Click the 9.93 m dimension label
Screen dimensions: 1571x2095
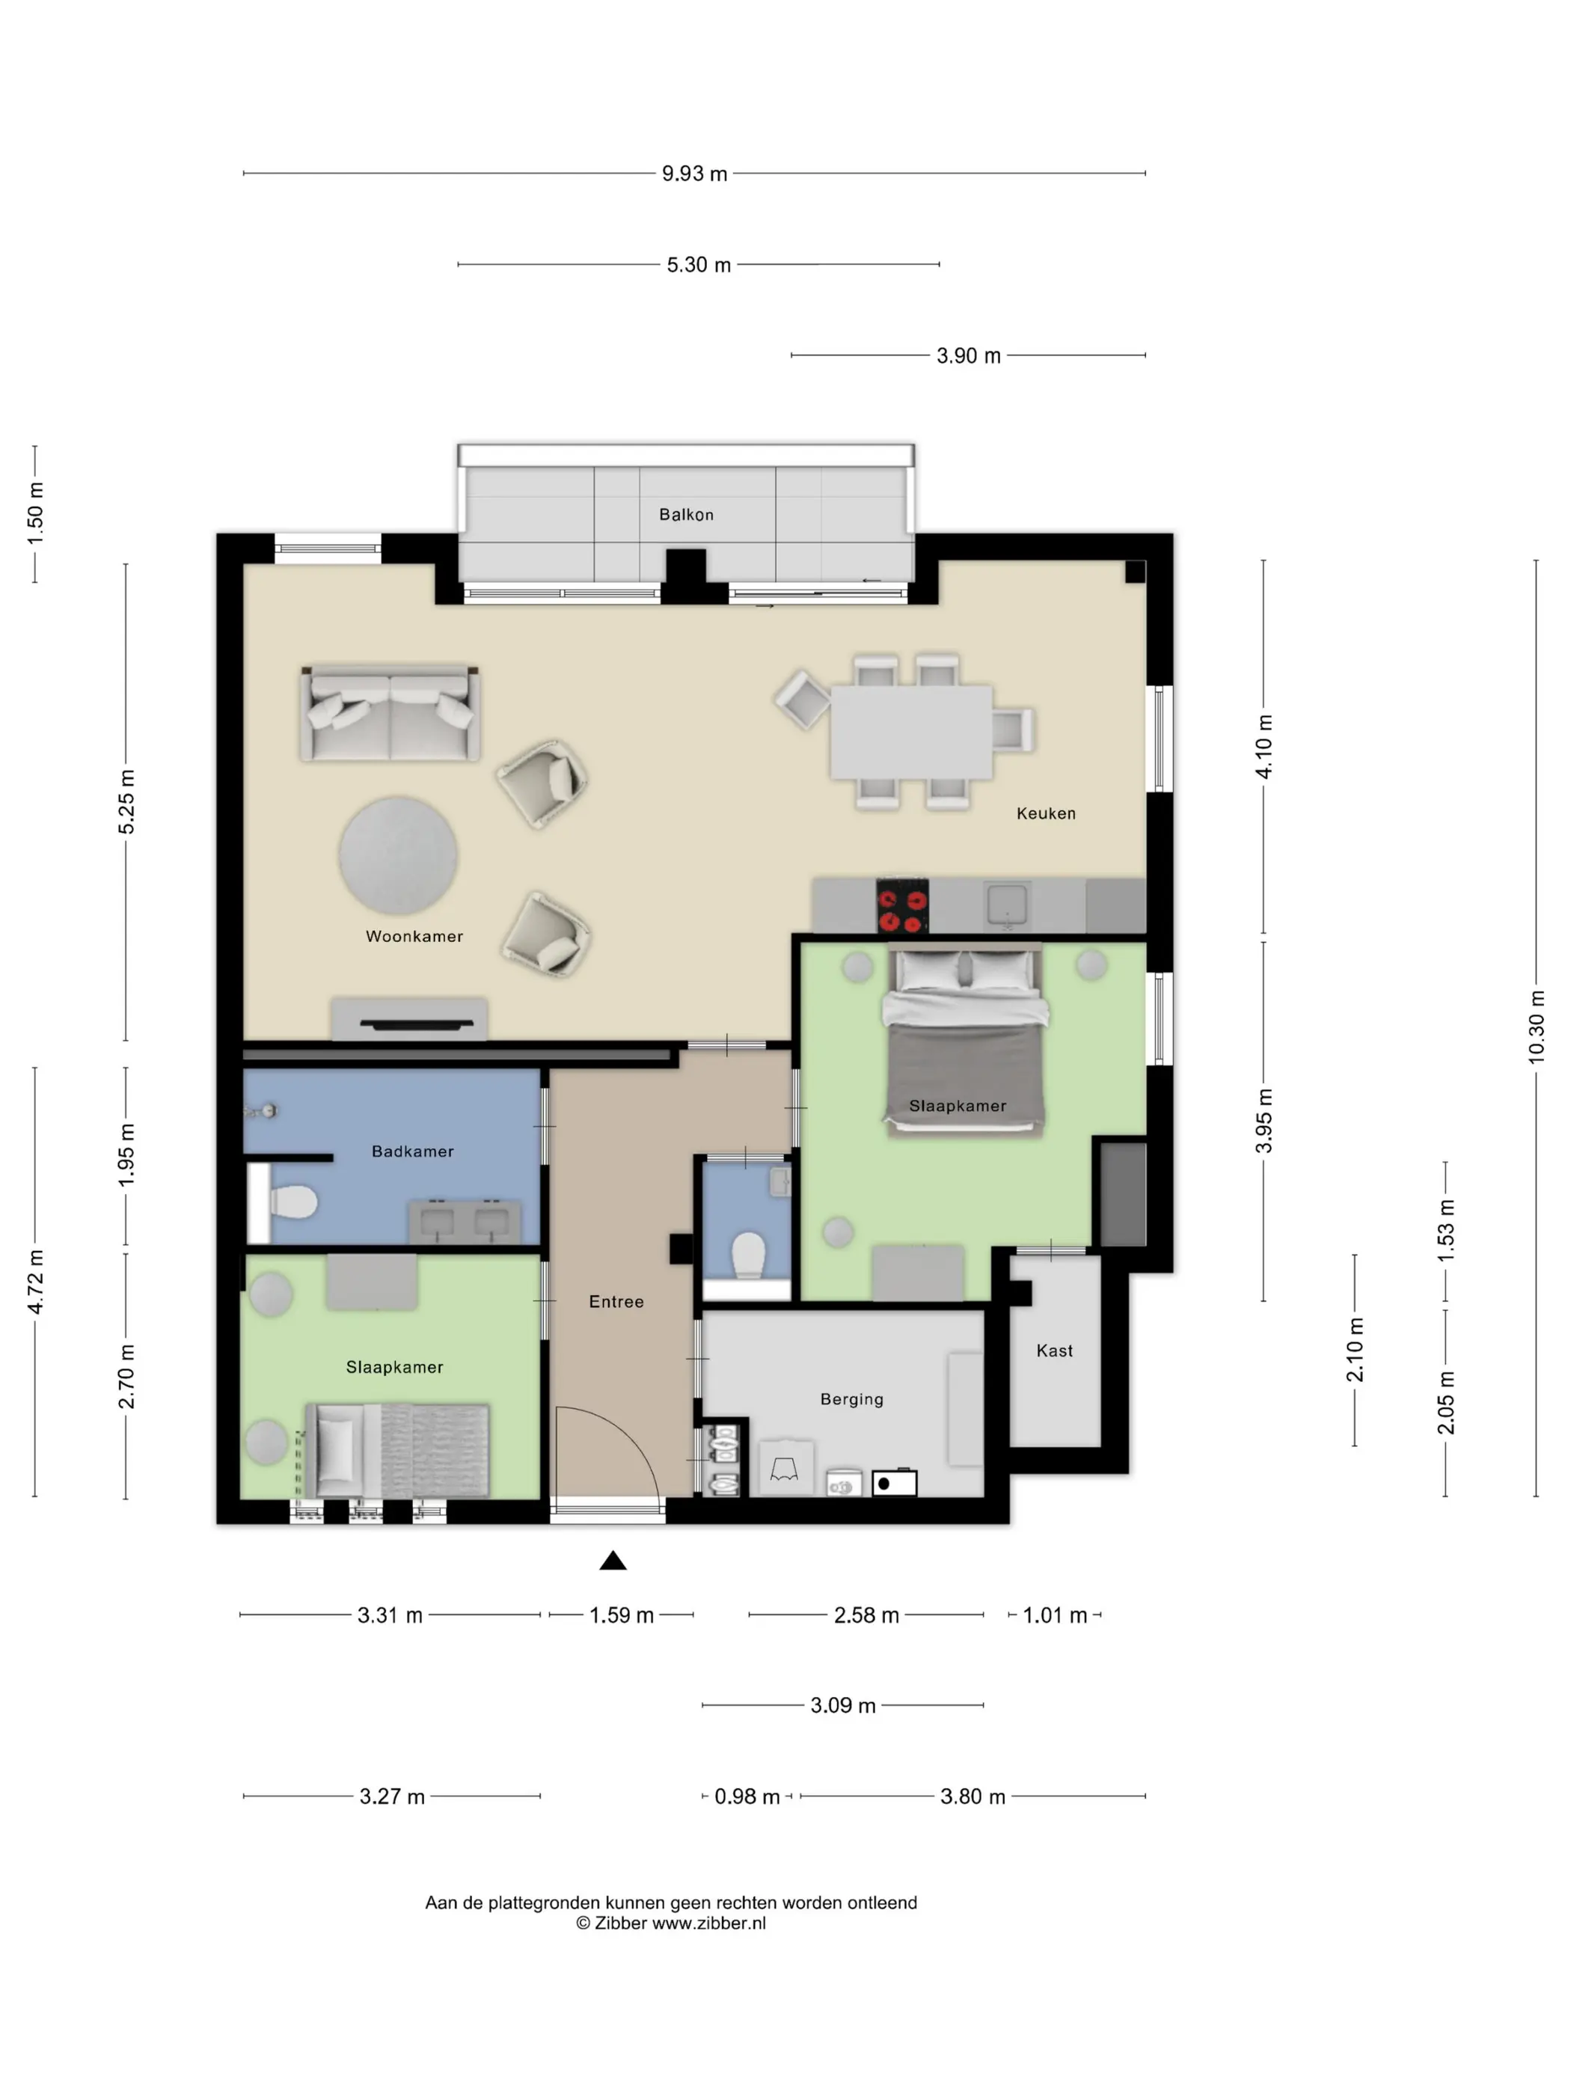click(694, 174)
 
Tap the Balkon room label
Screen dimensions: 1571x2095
click(687, 514)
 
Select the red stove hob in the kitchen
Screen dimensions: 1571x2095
click(901, 906)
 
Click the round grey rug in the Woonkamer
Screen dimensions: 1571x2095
click(399, 855)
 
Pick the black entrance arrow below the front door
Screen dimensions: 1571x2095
click(613, 1560)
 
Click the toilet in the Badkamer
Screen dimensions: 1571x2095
click(293, 1203)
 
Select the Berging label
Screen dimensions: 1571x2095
click(851, 1399)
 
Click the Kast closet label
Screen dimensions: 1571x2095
click(1055, 1351)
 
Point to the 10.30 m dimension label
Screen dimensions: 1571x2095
click(1536, 1027)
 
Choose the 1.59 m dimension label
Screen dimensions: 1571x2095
click(621, 1615)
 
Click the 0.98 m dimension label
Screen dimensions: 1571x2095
click(747, 1796)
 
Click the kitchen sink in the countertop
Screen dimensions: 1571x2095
click(1007, 905)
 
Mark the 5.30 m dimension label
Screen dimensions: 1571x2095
click(699, 265)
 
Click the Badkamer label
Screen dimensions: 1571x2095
click(413, 1151)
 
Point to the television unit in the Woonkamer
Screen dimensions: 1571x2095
click(409, 1020)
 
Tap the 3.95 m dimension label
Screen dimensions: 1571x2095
click(1264, 1122)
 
